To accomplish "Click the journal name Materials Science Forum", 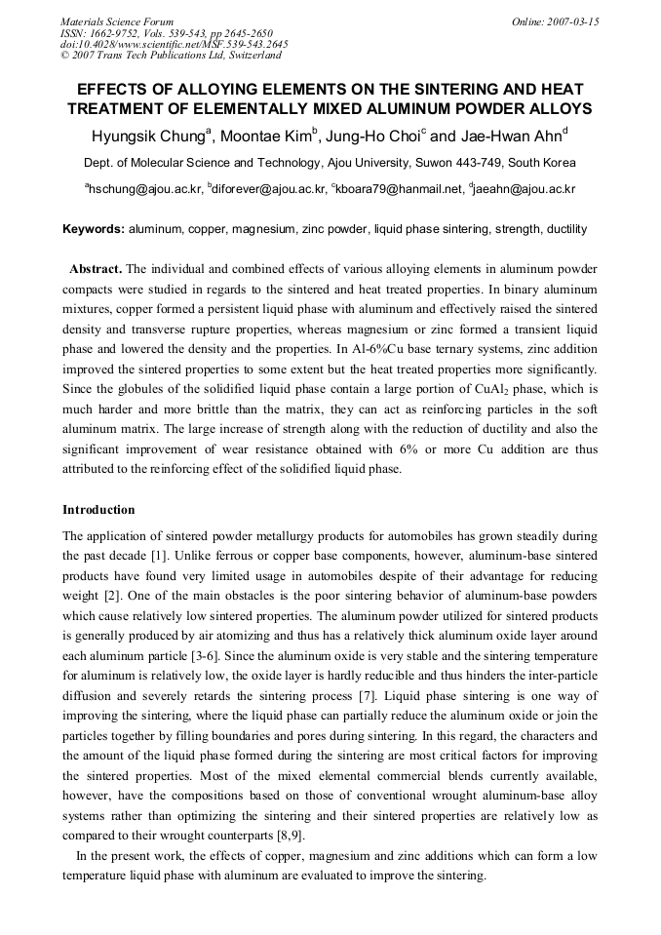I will pyautogui.click(x=117, y=21).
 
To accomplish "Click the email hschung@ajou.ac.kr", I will pyautogui.click(x=143, y=189).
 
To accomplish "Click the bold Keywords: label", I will pyautogui.click(x=94, y=229).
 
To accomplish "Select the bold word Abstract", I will pyautogui.click(x=96, y=268).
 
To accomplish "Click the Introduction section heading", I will pyautogui.click(x=98, y=510).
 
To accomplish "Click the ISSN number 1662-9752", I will pyautogui.click(x=113, y=33).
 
